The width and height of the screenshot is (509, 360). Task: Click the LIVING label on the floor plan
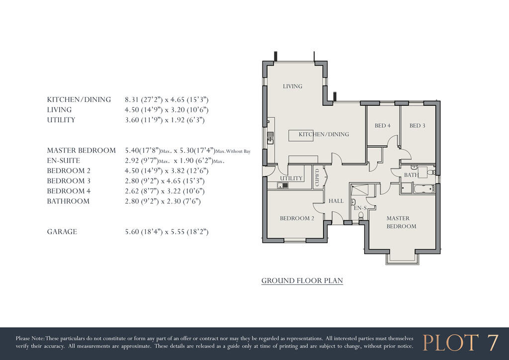(292, 87)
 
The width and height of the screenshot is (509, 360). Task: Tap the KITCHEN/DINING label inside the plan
(324, 134)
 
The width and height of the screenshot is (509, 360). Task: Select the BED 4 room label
(382, 126)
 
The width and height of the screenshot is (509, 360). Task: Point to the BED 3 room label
(417, 126)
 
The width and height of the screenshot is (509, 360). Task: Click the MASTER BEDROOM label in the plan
(401, 222)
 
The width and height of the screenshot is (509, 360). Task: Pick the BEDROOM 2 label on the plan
(297, 218)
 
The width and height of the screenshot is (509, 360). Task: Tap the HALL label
(336, 201)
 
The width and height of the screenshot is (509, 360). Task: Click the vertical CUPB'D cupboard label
(317, 178)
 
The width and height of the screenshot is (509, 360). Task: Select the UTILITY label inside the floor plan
(291, 179)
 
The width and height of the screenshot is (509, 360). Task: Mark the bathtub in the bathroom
(424, 188)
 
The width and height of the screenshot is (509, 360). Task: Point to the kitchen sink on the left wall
(270, 137)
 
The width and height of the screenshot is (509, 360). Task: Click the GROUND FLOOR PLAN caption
(302, 281)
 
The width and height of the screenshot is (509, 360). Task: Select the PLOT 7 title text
(460, 343)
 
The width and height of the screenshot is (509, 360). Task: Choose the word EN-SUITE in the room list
(64, 161)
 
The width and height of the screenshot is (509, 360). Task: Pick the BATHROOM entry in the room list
(68, 201)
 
